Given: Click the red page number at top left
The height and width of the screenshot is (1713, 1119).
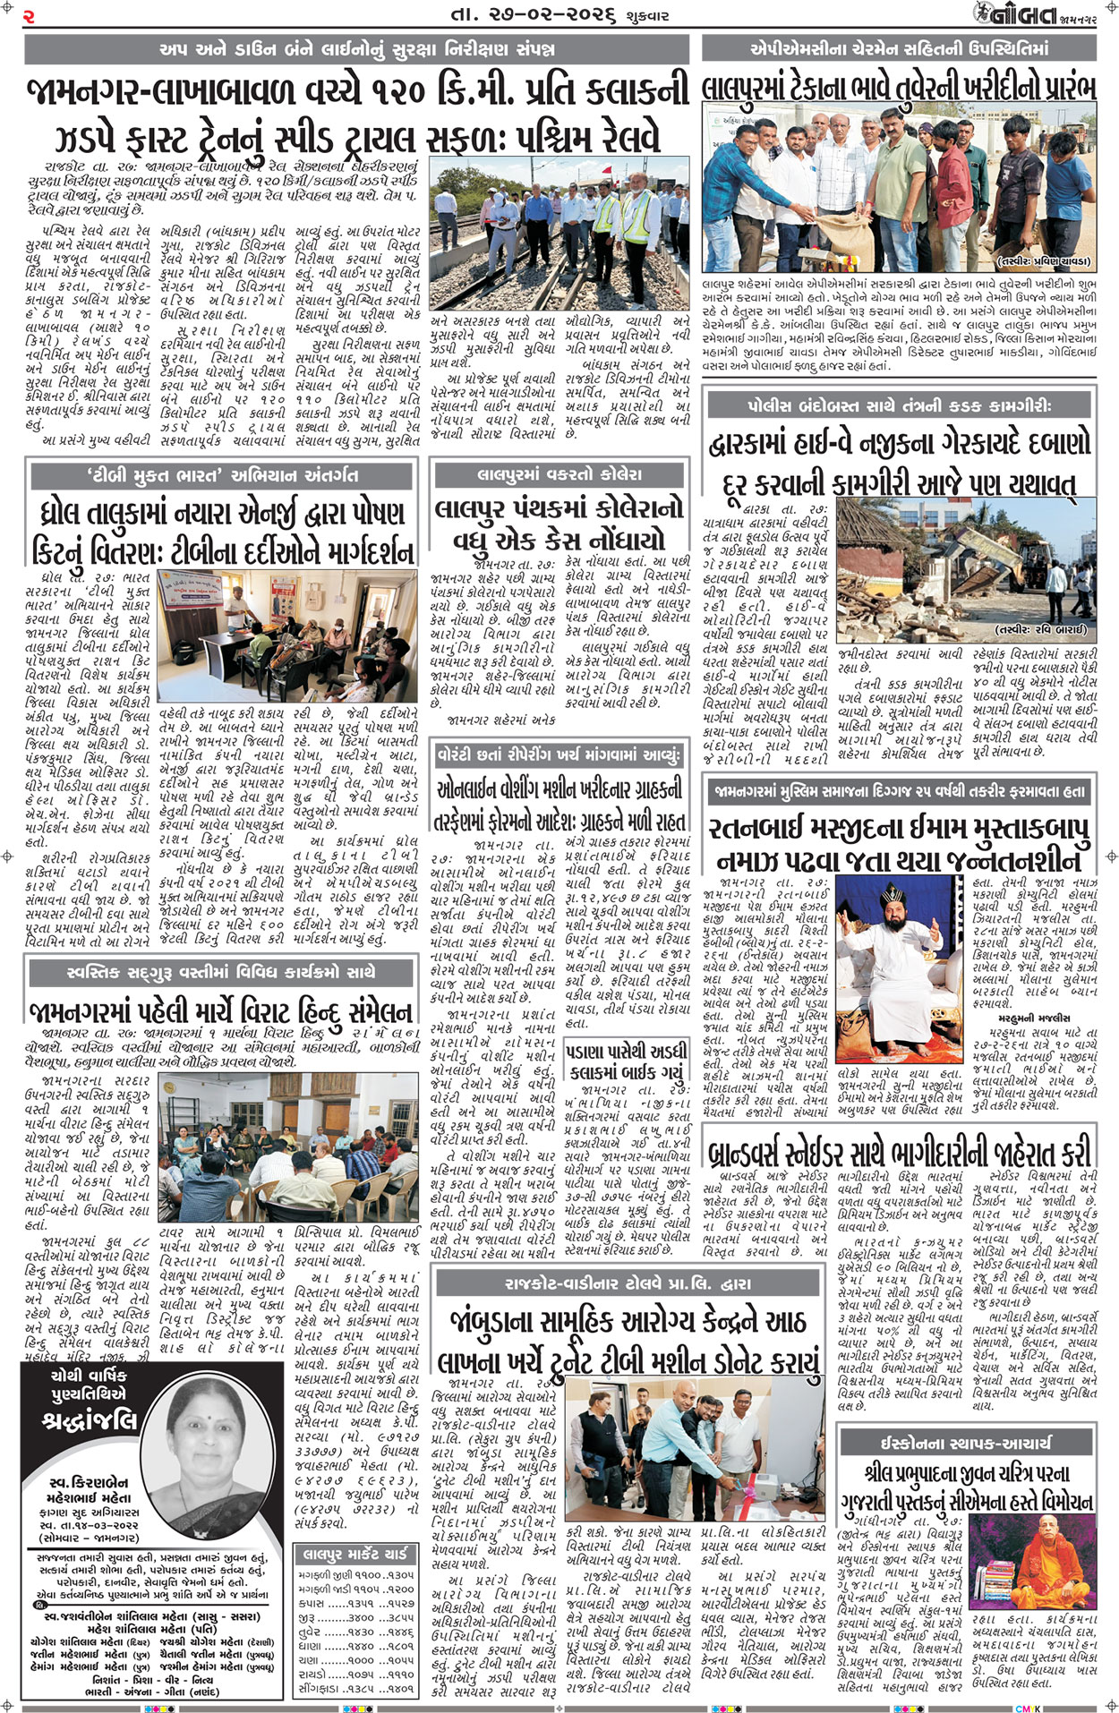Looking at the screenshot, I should pos(30,16).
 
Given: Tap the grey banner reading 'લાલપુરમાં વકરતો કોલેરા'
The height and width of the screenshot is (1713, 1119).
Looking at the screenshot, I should pos(559,474).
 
